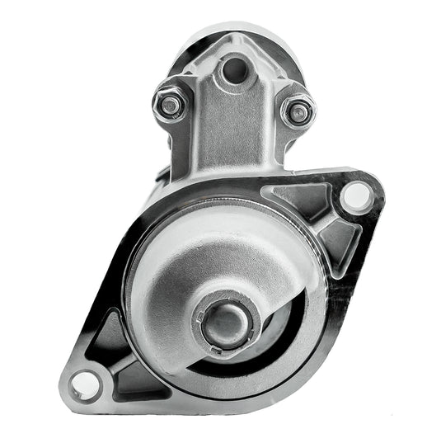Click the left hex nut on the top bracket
click(170, 105)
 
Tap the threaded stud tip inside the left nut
click(170, 105)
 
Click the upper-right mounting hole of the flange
click(354, 196)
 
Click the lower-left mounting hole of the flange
click(82, 383)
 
